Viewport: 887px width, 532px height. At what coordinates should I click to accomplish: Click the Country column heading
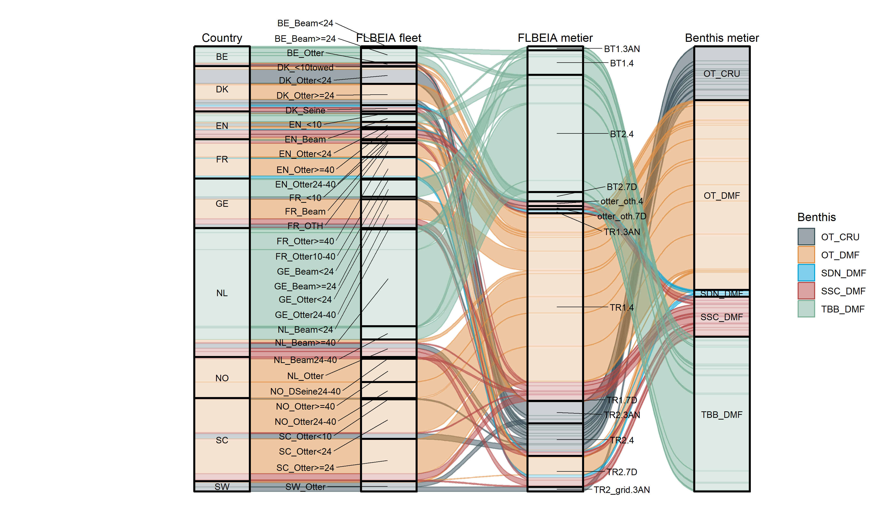click(222, 38)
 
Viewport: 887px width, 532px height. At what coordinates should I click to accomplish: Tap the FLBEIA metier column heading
click(555, 38)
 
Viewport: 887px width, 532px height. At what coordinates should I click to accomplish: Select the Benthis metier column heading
click(722, 38)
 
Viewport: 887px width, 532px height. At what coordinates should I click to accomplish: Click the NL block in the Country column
click(222, 293)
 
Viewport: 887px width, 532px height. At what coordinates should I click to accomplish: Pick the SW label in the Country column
click(222, 486)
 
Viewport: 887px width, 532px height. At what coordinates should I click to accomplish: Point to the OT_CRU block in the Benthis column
click(722, 74)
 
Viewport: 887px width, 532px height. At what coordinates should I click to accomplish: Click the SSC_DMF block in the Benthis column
click(722, 317)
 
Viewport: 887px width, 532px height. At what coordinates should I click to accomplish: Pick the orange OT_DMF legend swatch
click(806, 255)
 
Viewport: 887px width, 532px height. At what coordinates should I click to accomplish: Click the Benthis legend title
click(816, 217)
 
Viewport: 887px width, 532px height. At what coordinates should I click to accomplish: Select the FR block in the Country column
click(222, 159)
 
